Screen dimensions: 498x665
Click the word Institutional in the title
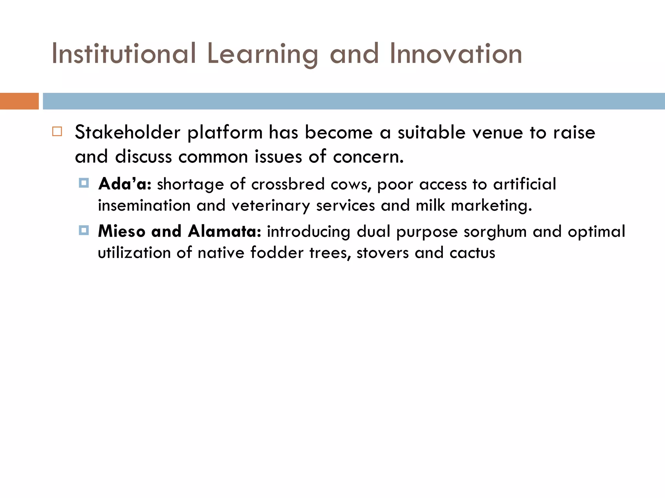tap(124, 53)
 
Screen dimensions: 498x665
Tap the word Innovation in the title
tap(456, 53)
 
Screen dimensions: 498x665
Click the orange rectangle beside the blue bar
tap(19, 101)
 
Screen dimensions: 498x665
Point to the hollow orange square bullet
tap(57, 131)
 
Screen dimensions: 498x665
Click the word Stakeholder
tap(128, 133)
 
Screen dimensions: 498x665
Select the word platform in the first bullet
tap(225, 133)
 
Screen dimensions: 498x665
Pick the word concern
tap(368, 157)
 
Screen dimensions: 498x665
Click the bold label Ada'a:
tap(125, 184)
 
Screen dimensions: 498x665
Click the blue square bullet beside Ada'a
tap(84, 183)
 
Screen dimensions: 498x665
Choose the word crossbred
tap(288, 184)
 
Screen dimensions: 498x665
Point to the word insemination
tap(144, 206)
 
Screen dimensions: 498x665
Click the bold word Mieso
tap(122, 231)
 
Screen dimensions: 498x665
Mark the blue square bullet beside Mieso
tap(84, 231)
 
